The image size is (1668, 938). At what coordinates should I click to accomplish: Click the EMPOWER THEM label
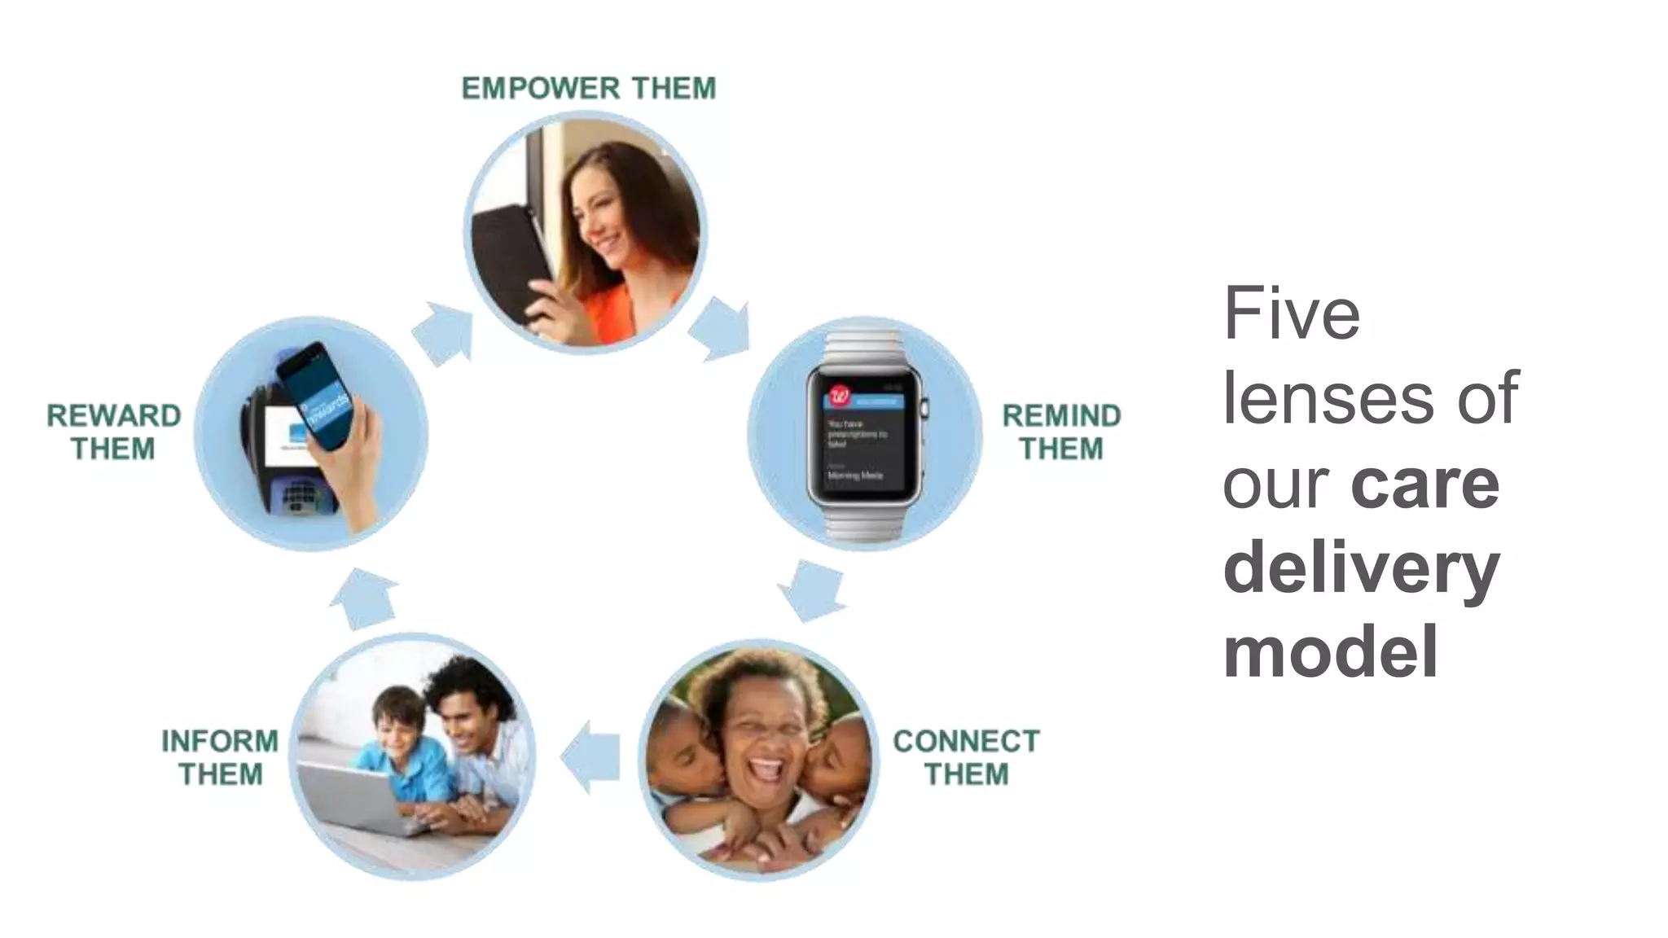(x=588, y=88)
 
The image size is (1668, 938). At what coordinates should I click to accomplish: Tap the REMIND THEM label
(x=1060, y=432)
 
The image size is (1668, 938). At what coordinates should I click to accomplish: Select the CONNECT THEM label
(x=966, y=757)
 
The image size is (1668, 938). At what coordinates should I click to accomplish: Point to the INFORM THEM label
(x=220, y=757)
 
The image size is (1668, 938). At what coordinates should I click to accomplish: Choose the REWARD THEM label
(x=113, y=432)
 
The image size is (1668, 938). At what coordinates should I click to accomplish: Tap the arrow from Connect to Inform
(x=590, y=758)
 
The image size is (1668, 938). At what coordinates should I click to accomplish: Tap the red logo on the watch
(x=838, y=397)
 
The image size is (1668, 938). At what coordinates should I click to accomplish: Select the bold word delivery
(x=1361, y=568)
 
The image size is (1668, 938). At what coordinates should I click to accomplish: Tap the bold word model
(x=1331, y=651)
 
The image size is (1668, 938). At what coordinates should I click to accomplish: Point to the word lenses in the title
(x=1328, y=398)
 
